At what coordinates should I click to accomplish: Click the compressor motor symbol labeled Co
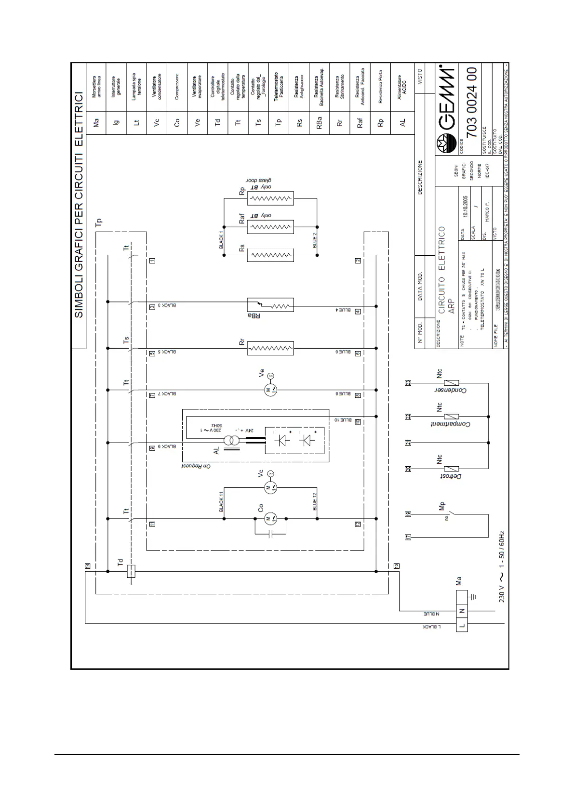tap(270, 519)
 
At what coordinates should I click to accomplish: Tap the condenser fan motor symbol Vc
tap(270, 488)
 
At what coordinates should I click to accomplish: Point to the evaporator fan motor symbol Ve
tap(270, 390)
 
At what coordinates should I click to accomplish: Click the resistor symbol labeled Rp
tap(270, 198)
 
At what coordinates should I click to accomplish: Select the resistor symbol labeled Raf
tap(270, 226)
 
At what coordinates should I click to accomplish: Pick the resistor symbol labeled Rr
tap(270, 348)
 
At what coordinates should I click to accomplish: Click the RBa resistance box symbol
tap(270, 305)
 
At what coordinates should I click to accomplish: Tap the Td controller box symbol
tap(130, 571)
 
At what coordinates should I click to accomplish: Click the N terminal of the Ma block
tap(462, 611)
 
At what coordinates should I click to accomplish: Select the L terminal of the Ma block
tap(462, 626)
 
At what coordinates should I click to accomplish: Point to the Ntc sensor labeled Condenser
tap(451, 383)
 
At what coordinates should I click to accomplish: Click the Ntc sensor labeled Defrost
tap(451, 468)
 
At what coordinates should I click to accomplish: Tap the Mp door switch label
tap(442, 506)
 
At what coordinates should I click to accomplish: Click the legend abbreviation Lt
tap(136, 123)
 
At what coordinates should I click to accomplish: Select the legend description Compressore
tap(177, 87)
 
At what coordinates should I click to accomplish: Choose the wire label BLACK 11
tap(221, 501)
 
